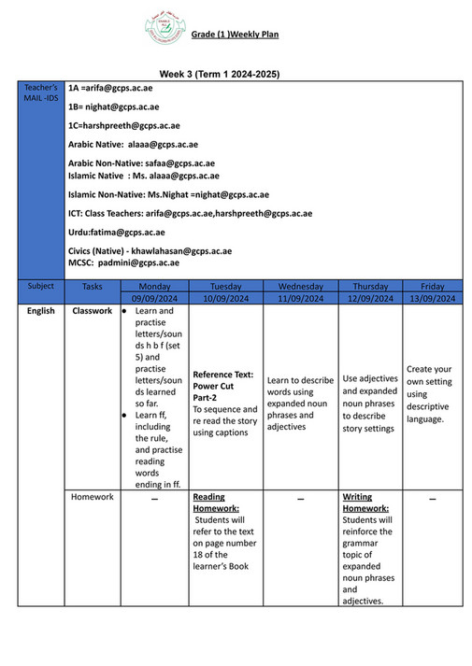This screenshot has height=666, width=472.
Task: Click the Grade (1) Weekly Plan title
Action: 235,35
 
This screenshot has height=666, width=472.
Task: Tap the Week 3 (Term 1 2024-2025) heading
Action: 219,73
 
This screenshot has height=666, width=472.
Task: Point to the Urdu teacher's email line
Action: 116,232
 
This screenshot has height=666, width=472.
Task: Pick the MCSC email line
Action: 123,263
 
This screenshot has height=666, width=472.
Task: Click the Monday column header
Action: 154,286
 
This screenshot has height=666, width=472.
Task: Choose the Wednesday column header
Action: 300,286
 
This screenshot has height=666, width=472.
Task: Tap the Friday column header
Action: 432,286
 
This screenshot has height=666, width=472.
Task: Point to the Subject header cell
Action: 41,286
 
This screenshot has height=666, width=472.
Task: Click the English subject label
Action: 41,311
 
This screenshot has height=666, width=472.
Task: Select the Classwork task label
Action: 93,311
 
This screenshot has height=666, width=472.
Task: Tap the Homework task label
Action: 93,497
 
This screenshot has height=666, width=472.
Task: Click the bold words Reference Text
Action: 223,374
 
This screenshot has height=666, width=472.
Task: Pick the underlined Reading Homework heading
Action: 216,503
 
